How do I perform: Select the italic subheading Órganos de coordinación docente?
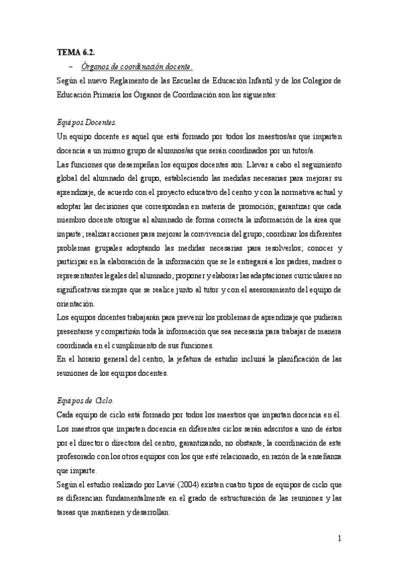(137, 66)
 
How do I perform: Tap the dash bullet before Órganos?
(71, 66)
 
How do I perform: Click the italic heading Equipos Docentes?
(86, 123)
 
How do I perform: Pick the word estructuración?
(247, 499)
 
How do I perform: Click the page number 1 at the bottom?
(339, 537)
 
